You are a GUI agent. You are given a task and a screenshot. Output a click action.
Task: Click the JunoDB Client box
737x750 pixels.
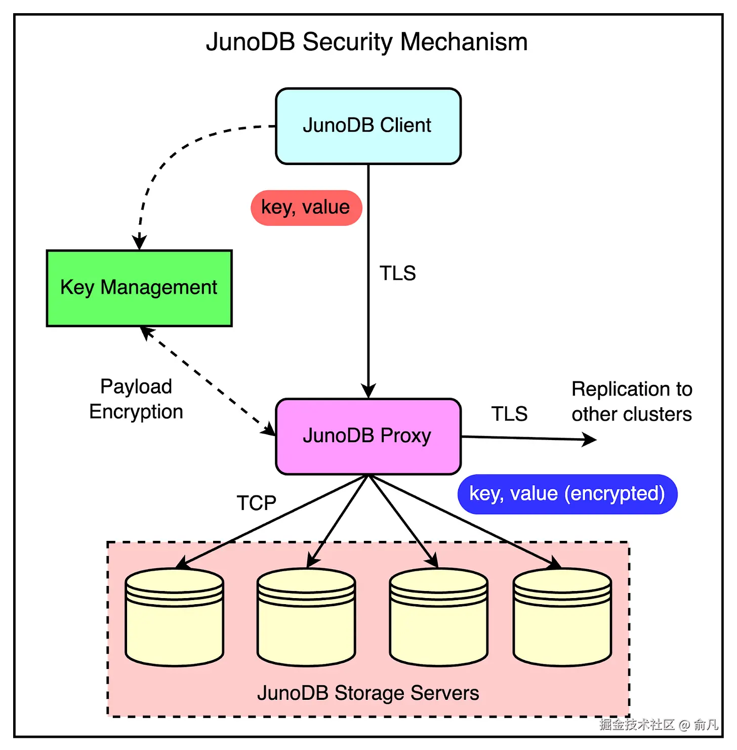(x=368, y=126)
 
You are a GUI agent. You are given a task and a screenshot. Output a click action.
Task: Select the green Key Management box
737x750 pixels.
(x=139, y=288)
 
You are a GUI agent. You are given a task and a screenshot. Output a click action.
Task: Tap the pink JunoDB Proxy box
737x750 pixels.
(x=368, y=437)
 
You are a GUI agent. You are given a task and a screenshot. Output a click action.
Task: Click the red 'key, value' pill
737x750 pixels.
(x=306, y=208)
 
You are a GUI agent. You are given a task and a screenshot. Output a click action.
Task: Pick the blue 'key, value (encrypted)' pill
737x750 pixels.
(x=567, y=494)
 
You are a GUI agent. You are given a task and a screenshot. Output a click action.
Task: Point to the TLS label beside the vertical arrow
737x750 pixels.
(x=398, y=273)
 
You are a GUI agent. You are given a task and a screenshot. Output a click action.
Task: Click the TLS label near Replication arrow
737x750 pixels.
(x=509, y=414)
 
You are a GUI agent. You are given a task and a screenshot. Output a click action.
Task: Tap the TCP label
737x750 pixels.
(x=257, y=503)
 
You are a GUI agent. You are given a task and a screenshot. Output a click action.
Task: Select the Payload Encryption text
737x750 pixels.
(x=136, y=399)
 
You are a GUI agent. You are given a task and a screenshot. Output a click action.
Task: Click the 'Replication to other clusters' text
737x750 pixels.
(x=632, y=402)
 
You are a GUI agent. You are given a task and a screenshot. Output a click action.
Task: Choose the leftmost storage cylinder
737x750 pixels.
(x=175, y=617)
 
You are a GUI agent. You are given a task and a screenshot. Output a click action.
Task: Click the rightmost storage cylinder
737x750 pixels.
(x=562, y=617)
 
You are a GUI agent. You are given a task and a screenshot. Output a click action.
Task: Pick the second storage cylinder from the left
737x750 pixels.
(x=306, y=617)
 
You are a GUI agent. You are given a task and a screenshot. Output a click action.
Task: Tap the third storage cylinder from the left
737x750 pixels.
(x=439, y=617)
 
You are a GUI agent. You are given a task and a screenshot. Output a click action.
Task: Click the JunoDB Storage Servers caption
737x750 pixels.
(x=368, y=693)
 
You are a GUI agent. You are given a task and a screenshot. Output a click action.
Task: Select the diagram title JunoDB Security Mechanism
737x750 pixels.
(x=367, y=42)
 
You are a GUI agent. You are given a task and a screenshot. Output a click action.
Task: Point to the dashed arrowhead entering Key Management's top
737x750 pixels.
(x=139, y=243)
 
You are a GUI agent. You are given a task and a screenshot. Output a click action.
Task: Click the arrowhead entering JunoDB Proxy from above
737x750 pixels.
(x=368, y=391)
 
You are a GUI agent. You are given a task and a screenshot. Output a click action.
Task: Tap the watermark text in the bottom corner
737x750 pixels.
(x=659, y=725)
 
